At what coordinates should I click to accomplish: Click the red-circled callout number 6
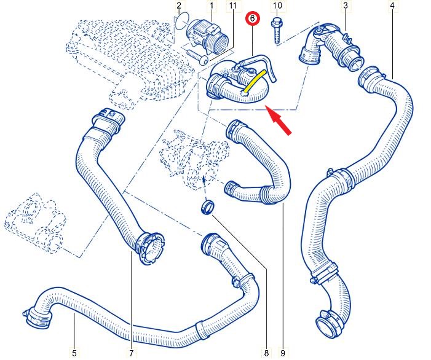click(253, 21)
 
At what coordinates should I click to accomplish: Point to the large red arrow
click(279, 119)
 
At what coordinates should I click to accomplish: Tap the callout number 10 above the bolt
click(277, 6)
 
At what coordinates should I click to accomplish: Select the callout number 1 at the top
click(212, 6)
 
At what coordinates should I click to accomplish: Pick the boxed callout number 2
click(179, 6)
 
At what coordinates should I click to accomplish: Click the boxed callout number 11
click(232, 6)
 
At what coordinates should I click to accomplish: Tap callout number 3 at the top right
click(345, 6)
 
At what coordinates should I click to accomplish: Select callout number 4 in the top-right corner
click(392, 6)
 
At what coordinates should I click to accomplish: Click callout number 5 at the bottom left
click(74, 353)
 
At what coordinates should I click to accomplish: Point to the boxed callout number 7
click(131, 353)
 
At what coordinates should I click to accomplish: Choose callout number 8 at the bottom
click(266, 353)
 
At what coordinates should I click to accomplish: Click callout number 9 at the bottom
click(282, 353)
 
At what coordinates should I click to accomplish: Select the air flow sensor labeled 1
click(207, 34)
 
